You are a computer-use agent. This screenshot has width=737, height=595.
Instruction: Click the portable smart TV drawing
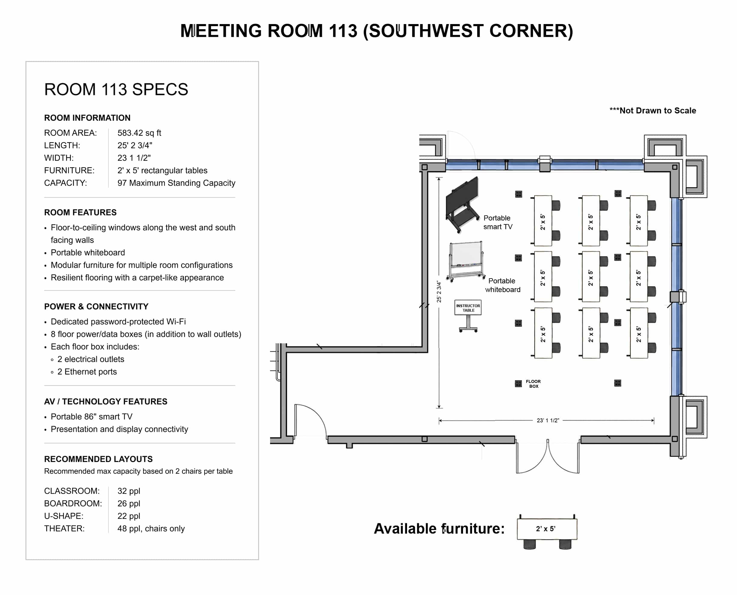point(462,205)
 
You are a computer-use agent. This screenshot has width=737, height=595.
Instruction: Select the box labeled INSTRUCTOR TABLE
point(468,308)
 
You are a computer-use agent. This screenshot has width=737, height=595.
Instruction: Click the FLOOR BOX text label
point(533,384)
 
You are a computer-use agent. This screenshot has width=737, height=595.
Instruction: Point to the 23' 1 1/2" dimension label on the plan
point(548,421)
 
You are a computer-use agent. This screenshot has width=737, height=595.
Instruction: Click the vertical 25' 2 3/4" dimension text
point(439,291)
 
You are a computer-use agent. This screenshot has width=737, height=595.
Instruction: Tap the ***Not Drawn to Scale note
point(653,110)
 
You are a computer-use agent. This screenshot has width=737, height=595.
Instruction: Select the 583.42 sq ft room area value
point(139,133)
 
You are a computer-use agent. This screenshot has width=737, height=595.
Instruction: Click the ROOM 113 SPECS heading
point(116,89)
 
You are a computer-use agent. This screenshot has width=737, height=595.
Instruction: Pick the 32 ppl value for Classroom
point(129,491)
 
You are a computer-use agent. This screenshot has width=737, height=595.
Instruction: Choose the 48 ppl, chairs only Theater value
point(151,529)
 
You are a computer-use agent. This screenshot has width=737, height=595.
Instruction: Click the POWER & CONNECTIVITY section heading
point(96,307)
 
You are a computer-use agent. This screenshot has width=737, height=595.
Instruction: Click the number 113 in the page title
point(343,31)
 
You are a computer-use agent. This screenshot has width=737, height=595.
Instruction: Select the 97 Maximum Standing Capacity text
point(176,183)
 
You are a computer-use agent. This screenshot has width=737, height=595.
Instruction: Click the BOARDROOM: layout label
point(73,504)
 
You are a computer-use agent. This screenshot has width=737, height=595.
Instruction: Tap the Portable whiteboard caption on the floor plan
point(502,285)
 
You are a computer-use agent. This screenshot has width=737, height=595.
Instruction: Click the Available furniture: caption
point(439,529)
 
